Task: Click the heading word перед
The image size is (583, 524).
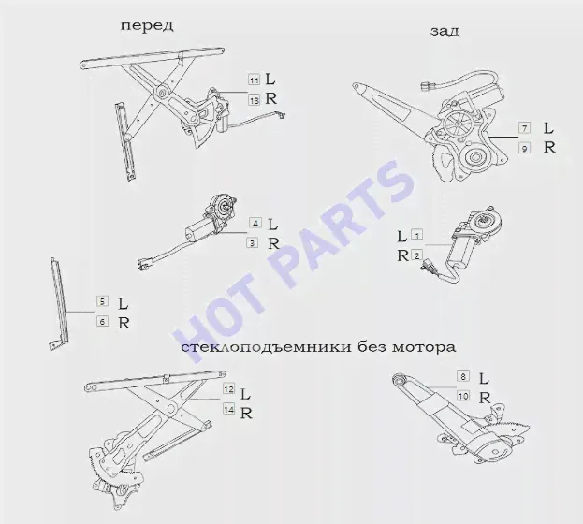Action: pyautogui.click(x=147, y=26)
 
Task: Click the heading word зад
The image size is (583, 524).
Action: pyautogui.click(x=445, y=31)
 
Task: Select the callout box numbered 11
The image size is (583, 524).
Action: pyautogui.click(x=255, y=80)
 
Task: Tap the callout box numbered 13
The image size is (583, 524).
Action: pyautogui.click(x=255, y=100)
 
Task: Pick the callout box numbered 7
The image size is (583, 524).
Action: pyautogui.click(x=525, y=128)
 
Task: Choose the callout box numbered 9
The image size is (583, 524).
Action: pyautogui.click(x=525, y=149)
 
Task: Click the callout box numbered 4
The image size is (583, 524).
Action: pyautogui.click(x=255, y=223)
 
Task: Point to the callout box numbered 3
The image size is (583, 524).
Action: pyautogui.click(x=253, y=243)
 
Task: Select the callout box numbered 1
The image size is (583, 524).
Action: pyautogui.click(x=416, y=235)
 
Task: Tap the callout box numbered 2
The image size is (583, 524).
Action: pyautogui.click(x=416, y=255)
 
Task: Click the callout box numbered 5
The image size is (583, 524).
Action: pyautogui.click(x=102, y=301)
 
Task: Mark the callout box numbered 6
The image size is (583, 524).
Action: pyautogui.click(x=102, y=321)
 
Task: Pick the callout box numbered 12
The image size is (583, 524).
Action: pyautogui.click(x=228, y=389)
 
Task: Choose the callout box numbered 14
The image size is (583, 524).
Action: pyautogui.click(x=228, y=409)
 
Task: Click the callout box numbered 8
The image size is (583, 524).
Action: pyautogui.click(x=463, y=376)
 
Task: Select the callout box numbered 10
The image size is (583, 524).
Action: pyautogui.click(x=463, y=396)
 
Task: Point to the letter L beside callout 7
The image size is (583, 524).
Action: pyautogui.click(x=548, y=128)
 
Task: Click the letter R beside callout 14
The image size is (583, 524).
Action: pyautogui.click(x=246, y=414)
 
